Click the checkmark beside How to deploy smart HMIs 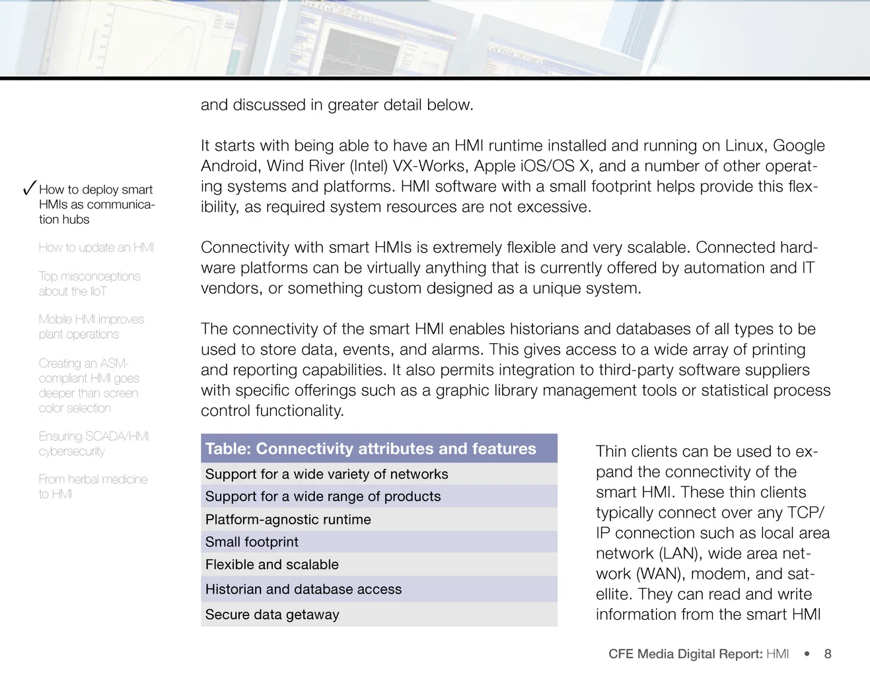[x=29, y=188]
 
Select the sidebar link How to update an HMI [x=96, y=248]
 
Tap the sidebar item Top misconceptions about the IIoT [x=89, y=284]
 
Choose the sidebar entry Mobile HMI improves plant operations [x=91, y=327]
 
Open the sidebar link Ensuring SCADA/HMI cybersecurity [x=93, y=444]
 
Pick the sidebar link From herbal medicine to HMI [x=92, y=487]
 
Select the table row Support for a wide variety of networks [x=326, y=474]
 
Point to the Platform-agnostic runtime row [x=288, y=520]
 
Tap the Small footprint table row [x=252, y=542]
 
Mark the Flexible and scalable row [x=272, y=564]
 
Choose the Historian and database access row [x=303, y=589]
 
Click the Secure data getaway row [x=272, y=615]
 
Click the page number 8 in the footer [x=828, y=654]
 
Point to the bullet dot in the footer [x=807, y=654]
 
